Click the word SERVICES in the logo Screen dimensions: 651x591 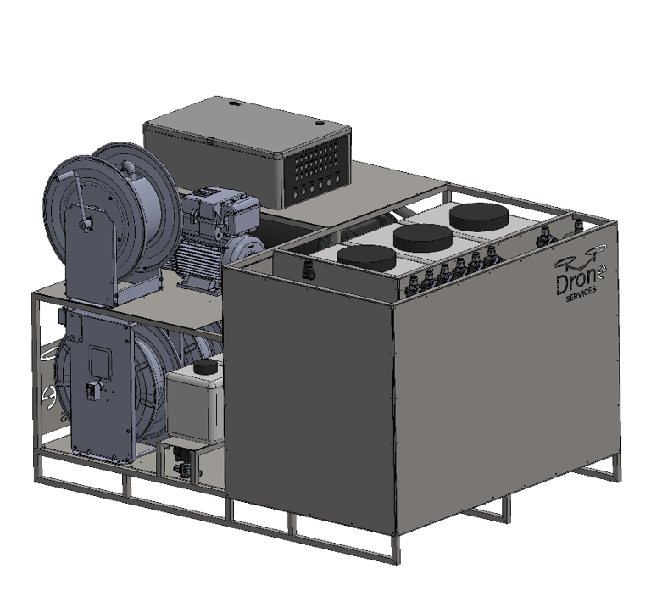(581, 293)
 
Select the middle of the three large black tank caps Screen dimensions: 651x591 (423, 237)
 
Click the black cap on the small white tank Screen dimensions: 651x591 (206, 367)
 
